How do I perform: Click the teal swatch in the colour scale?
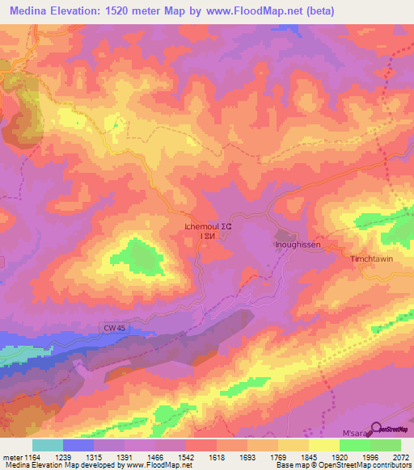click(x=47, y=445)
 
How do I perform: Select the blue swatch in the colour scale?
click(x=78, y=445)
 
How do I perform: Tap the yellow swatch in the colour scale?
click(x=323, y=445)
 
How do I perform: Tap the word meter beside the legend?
click(x=11, y=456)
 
